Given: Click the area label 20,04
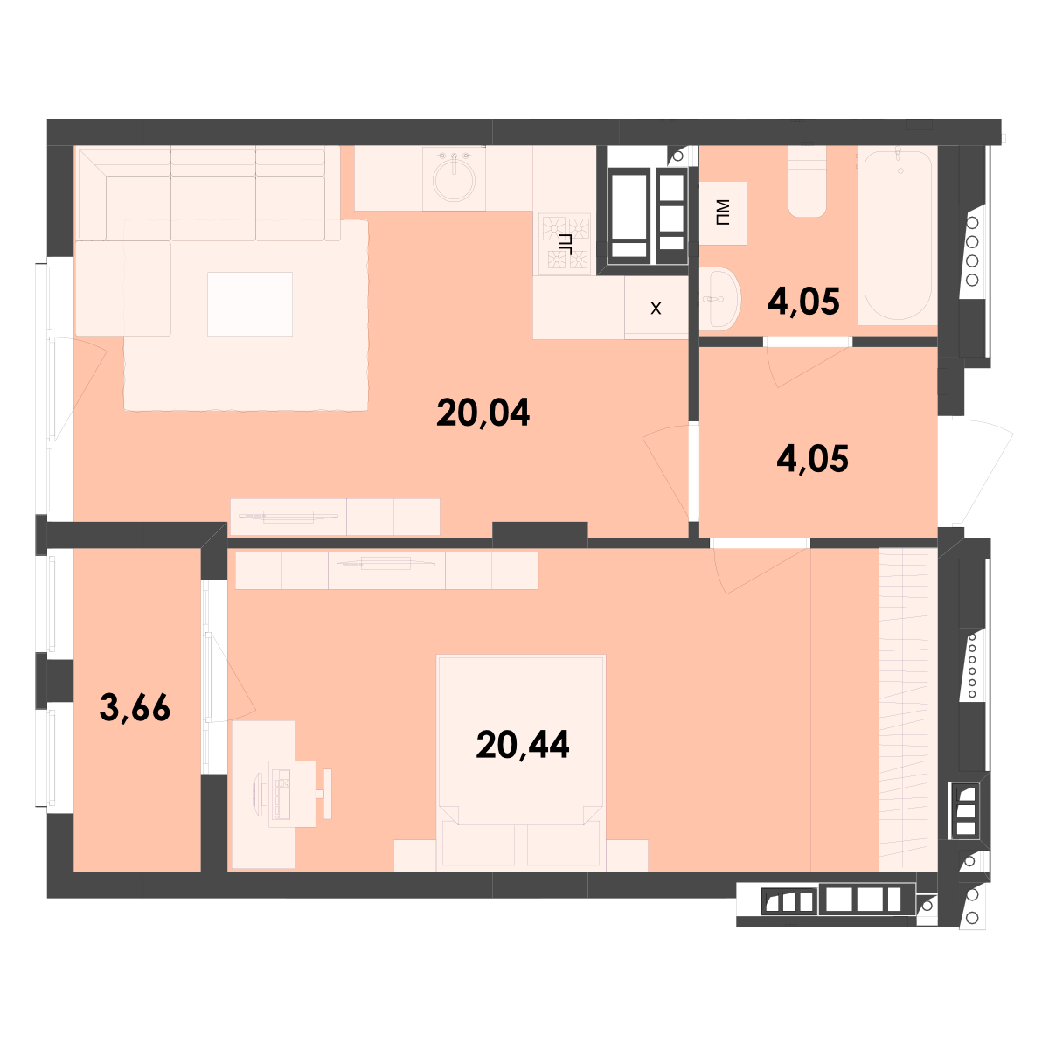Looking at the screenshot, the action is [483, 413].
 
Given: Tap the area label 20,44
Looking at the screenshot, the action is [523, 745].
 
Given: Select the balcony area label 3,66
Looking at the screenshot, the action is [135, 708].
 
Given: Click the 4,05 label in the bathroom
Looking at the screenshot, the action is [803, 302].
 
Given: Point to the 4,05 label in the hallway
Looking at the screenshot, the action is [812, 459].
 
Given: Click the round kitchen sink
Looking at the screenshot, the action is [454, 179].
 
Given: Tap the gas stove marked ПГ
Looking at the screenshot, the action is [565, 243].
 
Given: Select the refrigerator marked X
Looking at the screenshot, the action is [656, 308].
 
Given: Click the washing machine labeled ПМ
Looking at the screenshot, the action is [723, 212].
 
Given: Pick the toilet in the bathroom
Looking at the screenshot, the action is [808, 181].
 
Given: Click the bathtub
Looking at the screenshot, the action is [897, 235].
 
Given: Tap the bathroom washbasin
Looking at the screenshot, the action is [719, 299].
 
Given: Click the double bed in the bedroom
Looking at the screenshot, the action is [521, 762].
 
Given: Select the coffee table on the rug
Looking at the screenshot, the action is [250, 304].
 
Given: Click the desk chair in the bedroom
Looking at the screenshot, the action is [324, 795].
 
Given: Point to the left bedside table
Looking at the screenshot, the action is [415, 855].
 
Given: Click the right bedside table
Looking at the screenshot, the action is [627, 855].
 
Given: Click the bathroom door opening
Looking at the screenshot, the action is [808, 342].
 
